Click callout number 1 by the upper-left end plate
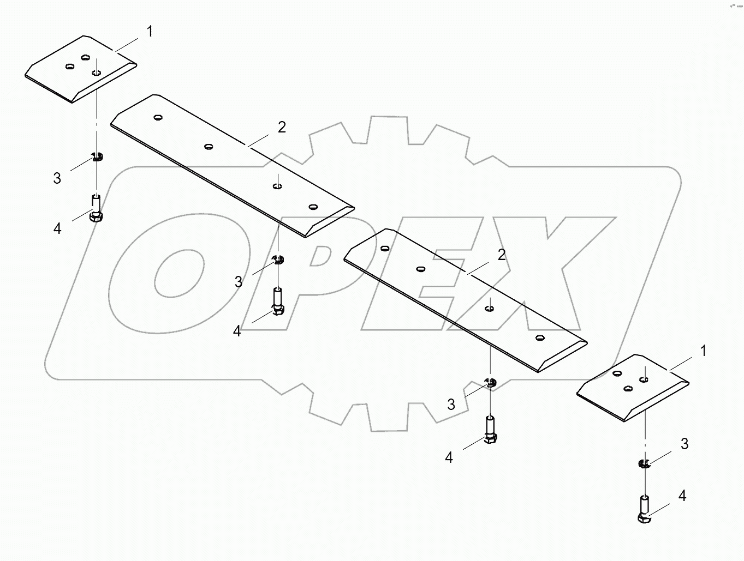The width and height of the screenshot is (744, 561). coord(149,32)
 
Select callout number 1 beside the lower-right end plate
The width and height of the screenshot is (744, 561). coord(703,351)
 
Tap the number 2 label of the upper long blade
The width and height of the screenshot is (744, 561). coord(282,127)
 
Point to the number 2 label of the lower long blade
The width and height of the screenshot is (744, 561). coord(501,255)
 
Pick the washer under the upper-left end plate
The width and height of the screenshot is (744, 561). coord(97,158)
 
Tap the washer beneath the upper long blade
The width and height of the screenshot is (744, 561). coord(278,258)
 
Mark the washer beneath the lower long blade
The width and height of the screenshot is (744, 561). coord(490,383)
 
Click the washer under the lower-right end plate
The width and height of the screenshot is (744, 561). coord(644,464)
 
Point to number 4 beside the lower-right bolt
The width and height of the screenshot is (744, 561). coord(682,496)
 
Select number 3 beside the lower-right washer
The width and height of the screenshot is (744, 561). coord(685,444)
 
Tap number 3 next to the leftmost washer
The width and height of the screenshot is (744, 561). coord(57,178)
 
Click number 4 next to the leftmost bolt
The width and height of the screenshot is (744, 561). coord(57,228)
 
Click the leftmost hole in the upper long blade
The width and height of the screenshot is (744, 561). coord(158,117)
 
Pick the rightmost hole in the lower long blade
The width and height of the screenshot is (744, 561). coord(540,338)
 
